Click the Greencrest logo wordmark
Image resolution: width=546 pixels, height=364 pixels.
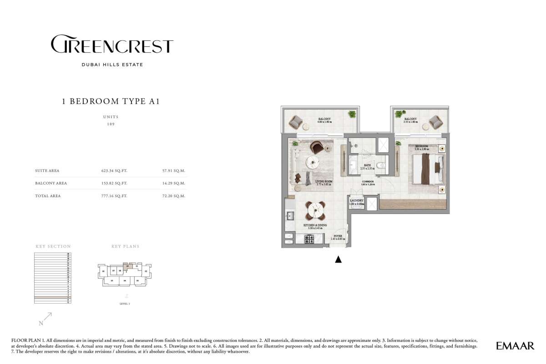pyautogui.click(x=112, y=45)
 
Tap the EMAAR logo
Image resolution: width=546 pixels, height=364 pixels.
pyautogui.click(x=515, y=346)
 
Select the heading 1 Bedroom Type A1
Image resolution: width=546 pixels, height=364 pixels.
pyautogui.click(x=111, y=101)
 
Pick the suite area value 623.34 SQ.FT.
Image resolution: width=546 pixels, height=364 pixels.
pyautogui.click(x=114, y=171)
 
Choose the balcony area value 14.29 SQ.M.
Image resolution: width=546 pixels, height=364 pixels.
pyautogui.click(x=175, y=183)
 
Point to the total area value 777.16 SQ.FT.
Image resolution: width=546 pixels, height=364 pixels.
pyautogui.click(x=114, y=196)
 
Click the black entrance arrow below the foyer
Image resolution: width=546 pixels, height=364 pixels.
pyautogui.click(x=338, y=259)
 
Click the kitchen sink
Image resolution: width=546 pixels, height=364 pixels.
pyautogui.click(x=289, y=216)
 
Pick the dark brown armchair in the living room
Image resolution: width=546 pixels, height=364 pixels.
pyautogui.click(x=317, y=148)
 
